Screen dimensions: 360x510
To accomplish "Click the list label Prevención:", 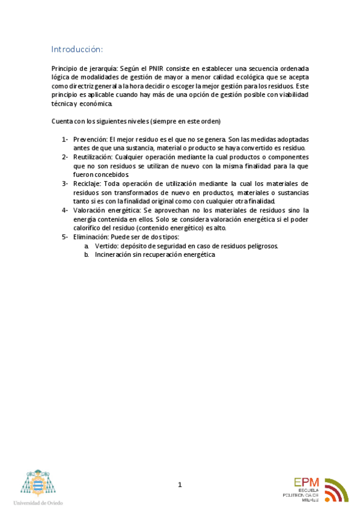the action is (90, 140).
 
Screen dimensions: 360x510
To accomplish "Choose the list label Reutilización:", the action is (93, 157).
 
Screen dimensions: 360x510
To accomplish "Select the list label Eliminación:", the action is (92, 237).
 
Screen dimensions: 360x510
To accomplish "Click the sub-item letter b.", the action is (87, 255).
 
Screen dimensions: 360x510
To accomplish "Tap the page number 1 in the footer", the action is (179, 485).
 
